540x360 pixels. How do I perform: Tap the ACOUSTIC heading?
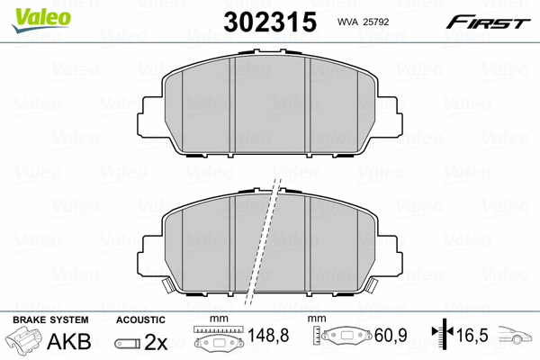tap(140, 319)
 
